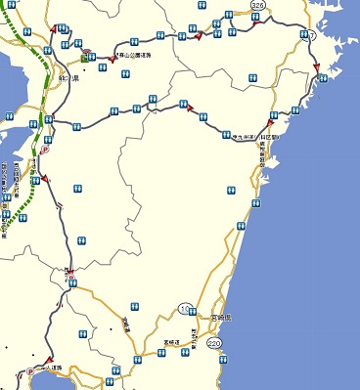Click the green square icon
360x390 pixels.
[86, 57]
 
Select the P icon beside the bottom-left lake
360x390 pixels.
[30, 371]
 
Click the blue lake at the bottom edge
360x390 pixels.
[20, 382]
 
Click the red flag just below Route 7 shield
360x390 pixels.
[317, 66]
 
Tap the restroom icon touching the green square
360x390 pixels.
[95, 57]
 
